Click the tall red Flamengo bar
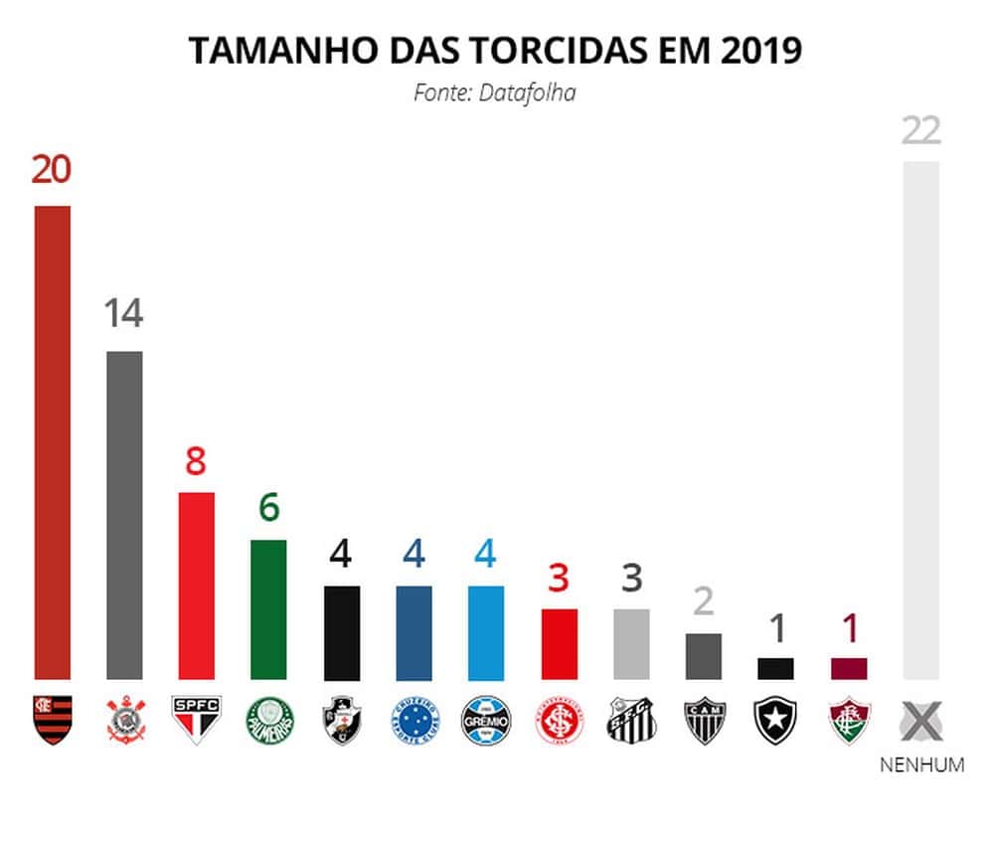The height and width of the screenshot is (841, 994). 53,442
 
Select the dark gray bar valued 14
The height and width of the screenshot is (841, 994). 124,515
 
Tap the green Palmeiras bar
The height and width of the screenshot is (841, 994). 268,609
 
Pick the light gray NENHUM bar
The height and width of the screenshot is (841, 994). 921,420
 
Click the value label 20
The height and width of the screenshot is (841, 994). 52,170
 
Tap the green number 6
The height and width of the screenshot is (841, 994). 268,509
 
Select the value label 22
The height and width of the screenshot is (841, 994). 921,130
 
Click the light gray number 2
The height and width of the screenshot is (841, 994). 704,602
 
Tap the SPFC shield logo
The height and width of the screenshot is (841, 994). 197,719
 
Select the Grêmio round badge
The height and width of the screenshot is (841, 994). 486,719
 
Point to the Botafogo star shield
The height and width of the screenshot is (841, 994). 775,719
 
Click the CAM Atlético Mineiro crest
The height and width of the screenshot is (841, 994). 704,719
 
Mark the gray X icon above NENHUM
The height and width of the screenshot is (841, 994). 921,720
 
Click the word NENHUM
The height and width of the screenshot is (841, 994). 921,765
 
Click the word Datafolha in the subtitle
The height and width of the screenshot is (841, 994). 528,93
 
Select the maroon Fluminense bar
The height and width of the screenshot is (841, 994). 848,668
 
